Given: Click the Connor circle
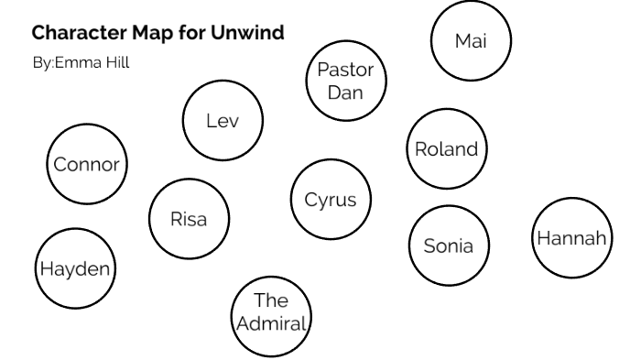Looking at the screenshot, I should coord(87,165).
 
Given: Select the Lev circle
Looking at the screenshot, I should coord(223,121).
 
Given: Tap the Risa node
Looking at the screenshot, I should coord(189,219).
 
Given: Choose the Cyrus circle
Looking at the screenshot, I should coord(331,201).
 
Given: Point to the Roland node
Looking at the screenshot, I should coord(446,149).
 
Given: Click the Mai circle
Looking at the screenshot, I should coord(471,41).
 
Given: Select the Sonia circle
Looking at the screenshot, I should coord(449,245).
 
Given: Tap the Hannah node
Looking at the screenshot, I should coord(571,238).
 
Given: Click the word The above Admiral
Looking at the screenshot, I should coord(271,300).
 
